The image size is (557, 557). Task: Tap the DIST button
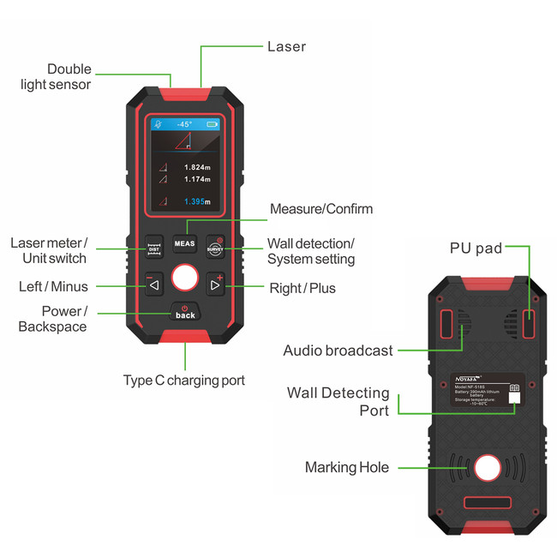tap(154, 247)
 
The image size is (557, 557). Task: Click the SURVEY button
tap(215, 247)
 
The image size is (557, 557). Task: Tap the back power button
tap(185, 312)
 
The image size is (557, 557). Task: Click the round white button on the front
tap(185, 278)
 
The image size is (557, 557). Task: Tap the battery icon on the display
tap(213, 124)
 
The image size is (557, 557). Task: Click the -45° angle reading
tap(184, 124)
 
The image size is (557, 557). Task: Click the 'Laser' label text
tap(286, 46)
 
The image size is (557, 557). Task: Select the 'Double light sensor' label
tap(69, 76)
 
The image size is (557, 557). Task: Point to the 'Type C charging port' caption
tap(184, 380)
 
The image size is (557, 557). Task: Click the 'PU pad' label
tap(476, 249)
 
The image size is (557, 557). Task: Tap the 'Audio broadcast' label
tap(338, 350)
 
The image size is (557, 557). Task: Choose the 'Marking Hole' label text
tap(347, 467)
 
